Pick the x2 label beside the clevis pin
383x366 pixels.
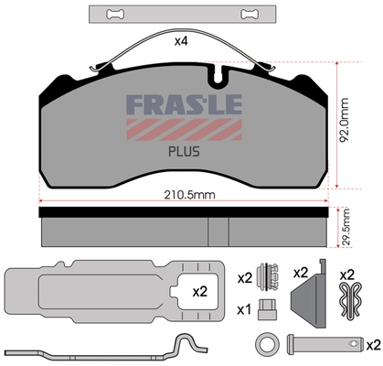[x=372, y=345]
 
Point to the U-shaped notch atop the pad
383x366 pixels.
[x=216, y=70]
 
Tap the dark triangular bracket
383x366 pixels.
[x=307, y=296]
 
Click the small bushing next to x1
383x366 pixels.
[x=269, y=307]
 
